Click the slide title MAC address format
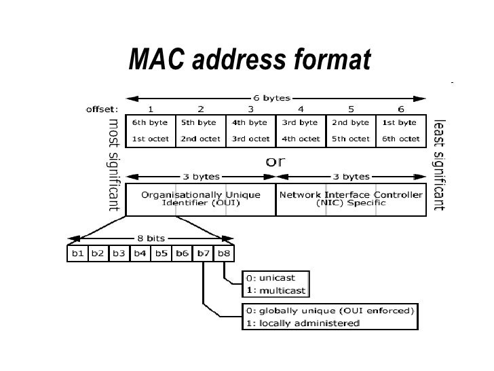pyautogui.click(x=249, y=61)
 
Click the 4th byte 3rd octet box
pyautogui.click(x=250, y=130)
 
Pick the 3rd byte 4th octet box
pyautogui.click(x=299, y=130)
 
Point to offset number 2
pyautogui.click(x=201, y=108)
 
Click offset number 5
pyautogui.click(x=351, y=108)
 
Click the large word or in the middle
pyautogui.click(x=275, y=162)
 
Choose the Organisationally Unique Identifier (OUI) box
pyautogui.click(x=200, y=198)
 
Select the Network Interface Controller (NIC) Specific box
pyautogui.click(x=350, y=198)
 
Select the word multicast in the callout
pyautogui.click(x=282, y=290)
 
